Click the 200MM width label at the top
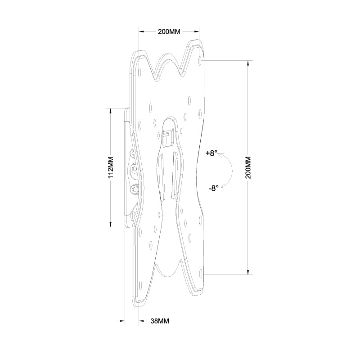pos(169,31)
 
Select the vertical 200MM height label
pos(248,167)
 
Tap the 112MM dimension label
pos(111,167)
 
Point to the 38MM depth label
pos(160,321)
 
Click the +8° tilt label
pos(211,153)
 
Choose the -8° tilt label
pos(213,189)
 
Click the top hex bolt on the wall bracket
pos(132,153)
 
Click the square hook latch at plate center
pos(167,138)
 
